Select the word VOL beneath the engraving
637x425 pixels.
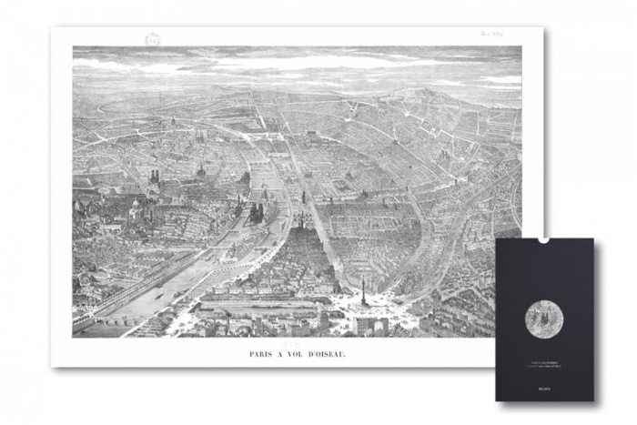click(x=299, y=346)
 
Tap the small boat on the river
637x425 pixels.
click(x=161, y=293)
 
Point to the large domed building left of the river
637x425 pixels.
click(x=136, y=209)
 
